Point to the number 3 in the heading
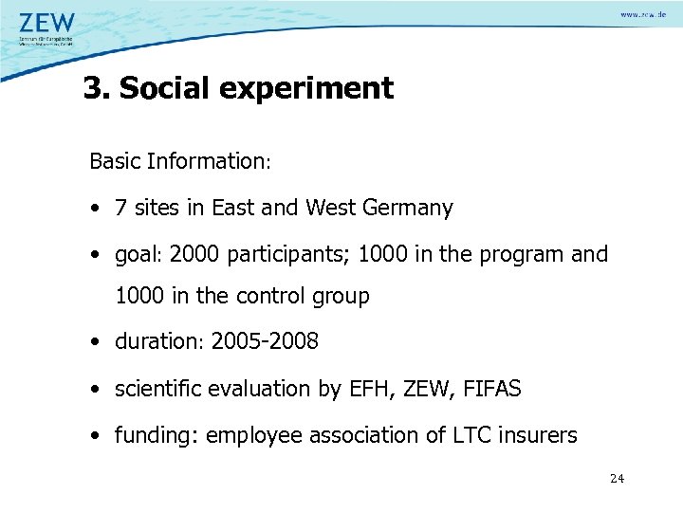pyautogui.click(x=92, y=88)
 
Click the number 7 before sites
pyautogui.click(x=120, y=209)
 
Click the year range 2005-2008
pyautogui.click(x=265, y=341)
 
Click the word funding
pyautogui.click(x=155, y=435)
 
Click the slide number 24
pyautogui.click(x=617, y=479)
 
